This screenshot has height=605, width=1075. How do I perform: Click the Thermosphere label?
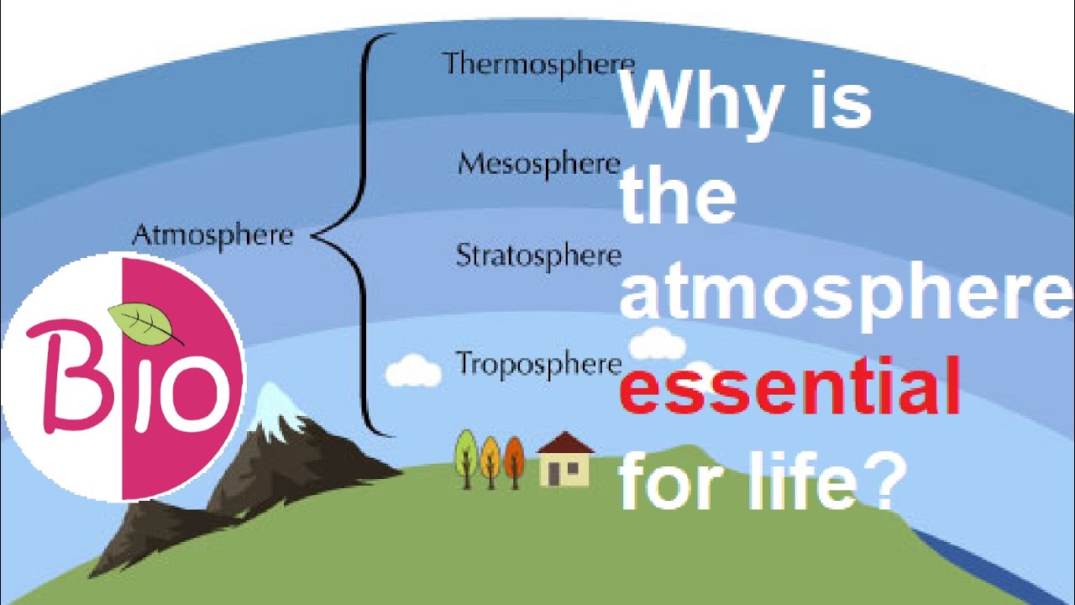pos(537,64)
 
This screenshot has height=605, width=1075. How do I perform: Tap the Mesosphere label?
pos(538,163)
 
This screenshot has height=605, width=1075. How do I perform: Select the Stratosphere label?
pos(538,255)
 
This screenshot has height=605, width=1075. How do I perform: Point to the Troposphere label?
pos(538,364)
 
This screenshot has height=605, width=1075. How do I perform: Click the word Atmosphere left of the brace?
pos(212,235)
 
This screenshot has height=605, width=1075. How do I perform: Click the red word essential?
pos(789,386)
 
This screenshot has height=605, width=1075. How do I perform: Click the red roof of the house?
pos(564,443)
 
